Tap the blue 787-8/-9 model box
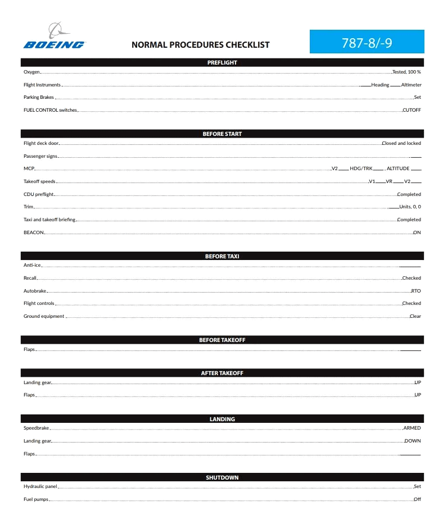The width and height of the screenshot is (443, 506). [x=367, y=42]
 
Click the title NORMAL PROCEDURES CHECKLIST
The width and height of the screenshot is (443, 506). [x=200, y=45]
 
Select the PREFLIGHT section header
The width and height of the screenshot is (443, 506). [x=222, y=62]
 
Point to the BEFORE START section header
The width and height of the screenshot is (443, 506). [x=222, y=134]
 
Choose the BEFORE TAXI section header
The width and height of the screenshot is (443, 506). [x=222, y=256]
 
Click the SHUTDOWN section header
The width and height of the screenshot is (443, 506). [x=222, y=477]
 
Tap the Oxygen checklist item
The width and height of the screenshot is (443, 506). [x=31, y=72]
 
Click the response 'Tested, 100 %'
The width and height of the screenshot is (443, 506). [x=406, y=72]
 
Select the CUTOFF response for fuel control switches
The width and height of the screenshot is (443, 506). [x=412, y=110]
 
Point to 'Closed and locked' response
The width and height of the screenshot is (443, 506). [x=401, y=143]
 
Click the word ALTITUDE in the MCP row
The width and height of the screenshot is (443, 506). [x=398, y=168]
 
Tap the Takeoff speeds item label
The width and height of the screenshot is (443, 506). [x=39, y=181]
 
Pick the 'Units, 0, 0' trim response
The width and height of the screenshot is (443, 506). [x=410, y=207]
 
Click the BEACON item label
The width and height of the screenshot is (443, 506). [x=33, y=232]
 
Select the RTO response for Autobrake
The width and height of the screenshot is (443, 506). [x=416, y=291]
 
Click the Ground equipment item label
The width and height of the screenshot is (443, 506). [x=44, y=316]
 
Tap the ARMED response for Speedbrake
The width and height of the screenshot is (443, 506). [x=412, y=428]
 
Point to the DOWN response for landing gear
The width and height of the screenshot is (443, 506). [x=413, y=441]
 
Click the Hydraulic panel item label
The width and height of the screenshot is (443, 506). [x=40, y=486]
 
